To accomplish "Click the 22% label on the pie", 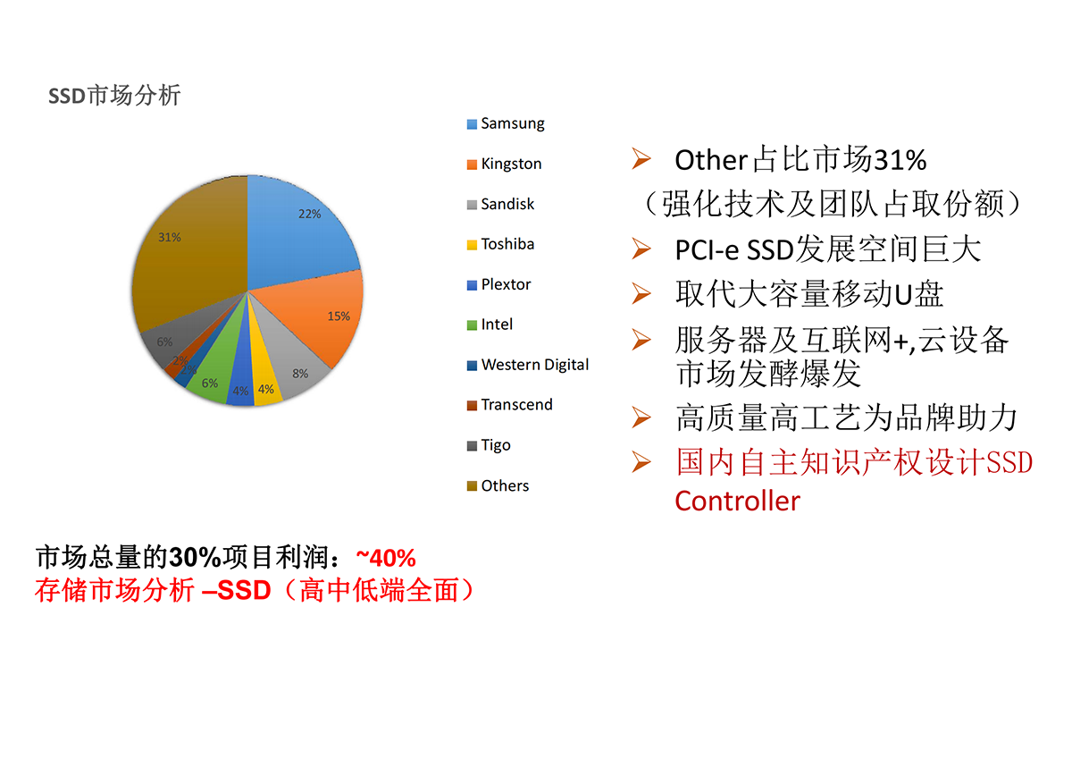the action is (309, 214).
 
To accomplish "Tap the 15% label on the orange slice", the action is (339, 316).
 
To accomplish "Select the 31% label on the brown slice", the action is (170, 237).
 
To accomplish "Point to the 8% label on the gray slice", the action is (300, 374).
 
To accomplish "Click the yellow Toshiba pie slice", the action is (264, 378).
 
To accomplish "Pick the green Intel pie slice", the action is (215, 374).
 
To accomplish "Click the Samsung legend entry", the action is (506, 123).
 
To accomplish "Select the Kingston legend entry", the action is (504, 164).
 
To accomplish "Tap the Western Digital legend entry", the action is (527, 365).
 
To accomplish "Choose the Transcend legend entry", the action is (509, 405).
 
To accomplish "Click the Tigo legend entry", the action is (488, 445).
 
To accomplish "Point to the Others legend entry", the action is (498, 485).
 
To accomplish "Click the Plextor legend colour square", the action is (472, 285).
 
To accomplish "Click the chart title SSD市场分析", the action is (114, 96).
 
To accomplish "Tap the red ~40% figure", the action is (386, 558).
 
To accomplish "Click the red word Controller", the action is (737, 502).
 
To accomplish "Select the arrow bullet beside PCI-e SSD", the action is (641, 249).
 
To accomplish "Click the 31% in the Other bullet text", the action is (900, 160).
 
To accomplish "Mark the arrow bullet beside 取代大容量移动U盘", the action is (641, 293).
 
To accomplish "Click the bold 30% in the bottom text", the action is (195, 558).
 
